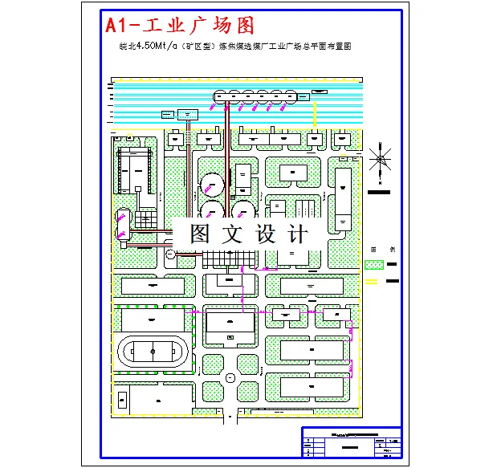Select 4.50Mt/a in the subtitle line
coord(156,47)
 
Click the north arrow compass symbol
coord(381,159)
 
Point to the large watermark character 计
coord(298,234)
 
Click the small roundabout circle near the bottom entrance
coord(230,377)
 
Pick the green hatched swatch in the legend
coord(374,264)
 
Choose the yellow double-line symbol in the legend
coord(373,281)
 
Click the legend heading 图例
coord(383,249)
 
